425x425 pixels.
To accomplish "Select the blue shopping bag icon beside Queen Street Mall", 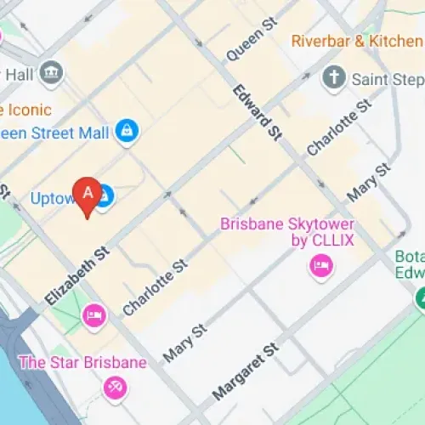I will click(129, 131).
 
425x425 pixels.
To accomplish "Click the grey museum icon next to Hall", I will click(51, 72).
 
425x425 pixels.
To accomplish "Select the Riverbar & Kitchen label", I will click(357, 40).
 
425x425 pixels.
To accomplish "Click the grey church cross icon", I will click(333, 78).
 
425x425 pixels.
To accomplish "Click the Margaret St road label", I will click(245, 371).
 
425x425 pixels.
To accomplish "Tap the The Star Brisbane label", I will click(82, 363).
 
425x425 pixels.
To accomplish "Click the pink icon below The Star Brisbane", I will click(113, 389).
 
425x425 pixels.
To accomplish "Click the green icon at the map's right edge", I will click(421, 298).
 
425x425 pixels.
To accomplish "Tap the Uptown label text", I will click(54, 199).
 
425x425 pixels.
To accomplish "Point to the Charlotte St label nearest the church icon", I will click(339, 127).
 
